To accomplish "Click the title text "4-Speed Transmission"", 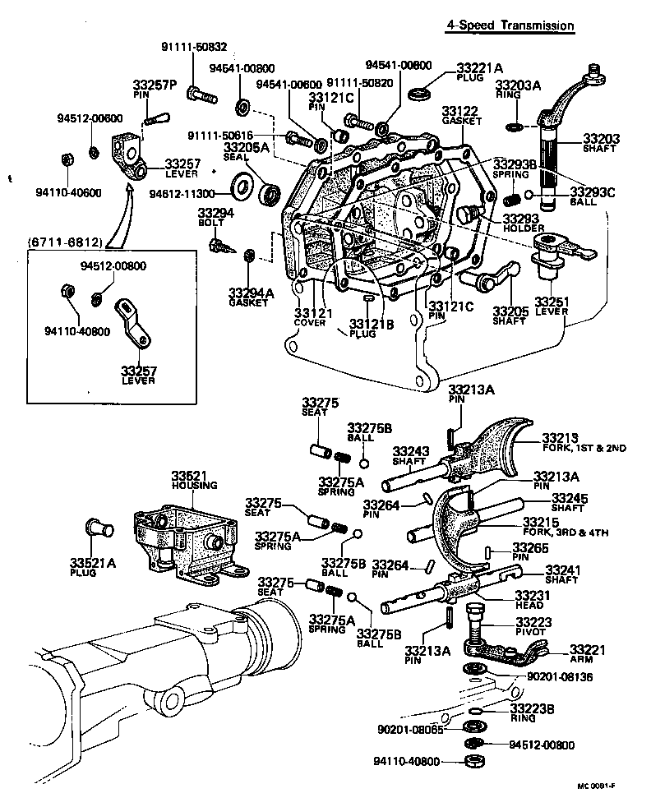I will pyautogui.click(x=509, y=25).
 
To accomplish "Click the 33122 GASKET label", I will pyautogui.click(x=460, y=114).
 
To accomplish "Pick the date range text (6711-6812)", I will pyautogui.click(x=65, y=242).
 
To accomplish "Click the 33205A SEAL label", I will pyautogui.click(x=247, y=152).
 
